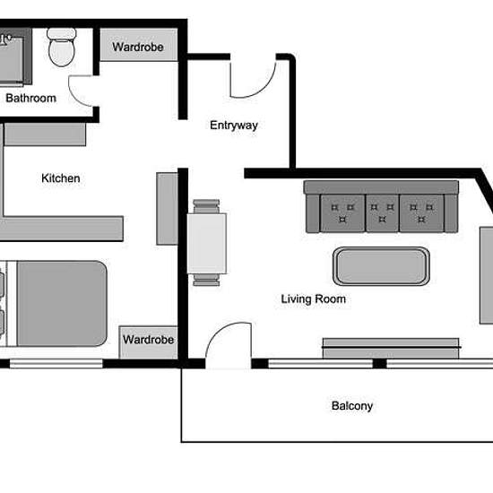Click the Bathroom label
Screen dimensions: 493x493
pos(30,98)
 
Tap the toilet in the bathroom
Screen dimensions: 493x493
pos(62,48)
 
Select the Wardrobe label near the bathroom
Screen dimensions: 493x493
pos(138,48)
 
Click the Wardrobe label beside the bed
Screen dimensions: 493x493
pos(148,340)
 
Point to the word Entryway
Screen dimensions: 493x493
pos(234,125)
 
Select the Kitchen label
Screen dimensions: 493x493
pos(61,178)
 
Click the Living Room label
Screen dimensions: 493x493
pos(314,299)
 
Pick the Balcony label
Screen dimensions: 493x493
pos(352,405)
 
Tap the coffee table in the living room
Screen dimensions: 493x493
pos(381,266)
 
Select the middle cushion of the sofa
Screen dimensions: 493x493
pos(383,213)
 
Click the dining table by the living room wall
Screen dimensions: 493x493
pos(207,243)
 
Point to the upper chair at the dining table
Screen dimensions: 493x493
pos(206,206)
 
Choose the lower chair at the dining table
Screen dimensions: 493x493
pos(206,280)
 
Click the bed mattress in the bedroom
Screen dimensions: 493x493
pos(62,303)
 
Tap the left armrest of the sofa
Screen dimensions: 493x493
pos(313,214)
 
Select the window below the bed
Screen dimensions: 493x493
pos(56,363)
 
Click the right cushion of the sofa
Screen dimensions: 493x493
pos(421,213)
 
